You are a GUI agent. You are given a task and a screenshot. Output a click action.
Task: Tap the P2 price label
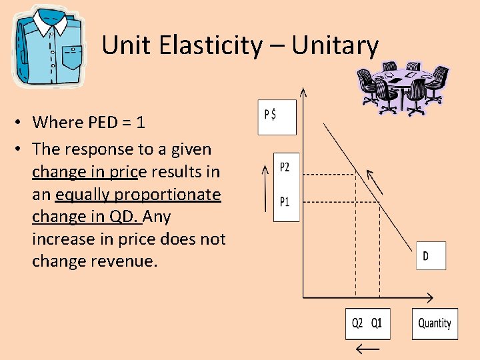tap(285, 167)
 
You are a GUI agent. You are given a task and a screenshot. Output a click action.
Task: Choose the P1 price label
tap(285, 201)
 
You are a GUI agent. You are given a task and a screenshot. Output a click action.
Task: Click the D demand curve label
tap(427, 255)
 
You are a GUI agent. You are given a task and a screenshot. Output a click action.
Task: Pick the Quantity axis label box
tap(435, 323)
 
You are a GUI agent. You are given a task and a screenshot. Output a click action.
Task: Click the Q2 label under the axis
tap(358, 323)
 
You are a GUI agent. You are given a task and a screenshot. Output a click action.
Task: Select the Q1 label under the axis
tap(377, 323)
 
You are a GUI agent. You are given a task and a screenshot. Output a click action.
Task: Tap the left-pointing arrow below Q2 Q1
tap(367, 349)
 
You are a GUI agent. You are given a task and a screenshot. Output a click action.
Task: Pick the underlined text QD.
tap(123, 217)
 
